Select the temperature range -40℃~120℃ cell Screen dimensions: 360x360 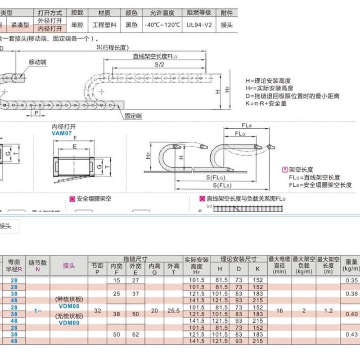point(162,25)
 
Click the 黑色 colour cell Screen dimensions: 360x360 point(131,25)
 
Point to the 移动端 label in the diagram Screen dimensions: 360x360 point(37,62)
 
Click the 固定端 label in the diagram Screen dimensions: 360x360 point(133,116)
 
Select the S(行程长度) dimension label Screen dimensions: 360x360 point(112,48)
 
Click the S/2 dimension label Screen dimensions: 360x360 point(159,64)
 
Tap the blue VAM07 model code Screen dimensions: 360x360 point(62,134)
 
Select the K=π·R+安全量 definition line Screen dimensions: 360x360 point(266,103)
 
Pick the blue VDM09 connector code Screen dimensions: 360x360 point(69,322)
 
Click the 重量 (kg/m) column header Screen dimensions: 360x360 point(351,265)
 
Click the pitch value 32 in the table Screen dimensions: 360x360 point(97,310)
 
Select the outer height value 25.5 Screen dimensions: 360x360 point(173,310)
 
